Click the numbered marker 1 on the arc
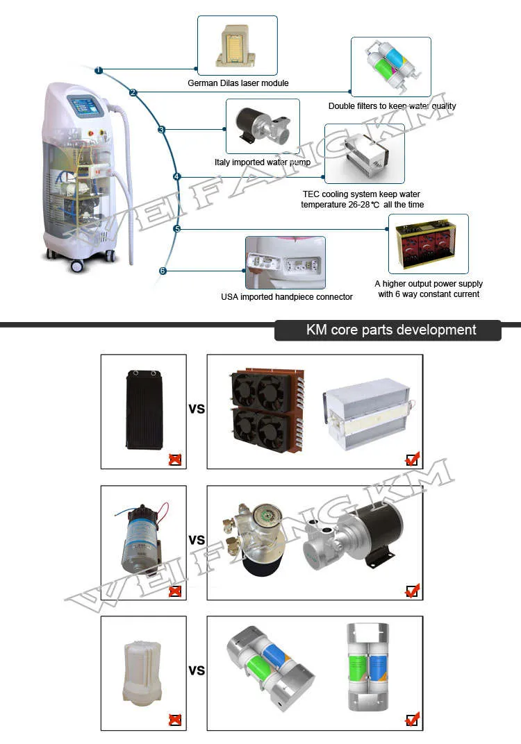coord(99,70)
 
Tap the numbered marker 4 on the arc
coord(177,177)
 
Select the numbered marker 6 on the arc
coord(163,271)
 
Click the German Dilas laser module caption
coord(238,83)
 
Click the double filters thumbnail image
coord(390,67)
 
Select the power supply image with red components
coord(428,244)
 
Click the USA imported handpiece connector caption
coord(286,297)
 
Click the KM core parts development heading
coord(391,330)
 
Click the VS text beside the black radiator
coord(197,409)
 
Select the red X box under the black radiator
coord(175,459)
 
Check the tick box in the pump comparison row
coord(413,591)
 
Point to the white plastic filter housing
coord(143,667)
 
